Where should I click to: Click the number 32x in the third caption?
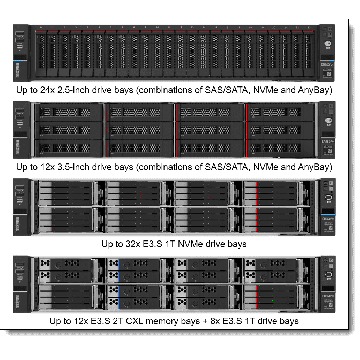130,244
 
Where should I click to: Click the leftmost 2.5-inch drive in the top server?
41,53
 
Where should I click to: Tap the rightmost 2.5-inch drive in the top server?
309,53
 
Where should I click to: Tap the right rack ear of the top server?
327,53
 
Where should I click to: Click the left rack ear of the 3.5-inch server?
21,130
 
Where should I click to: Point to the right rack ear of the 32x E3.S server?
327,207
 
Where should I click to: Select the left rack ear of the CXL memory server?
21,284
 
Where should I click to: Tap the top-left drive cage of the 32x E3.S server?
68,193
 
